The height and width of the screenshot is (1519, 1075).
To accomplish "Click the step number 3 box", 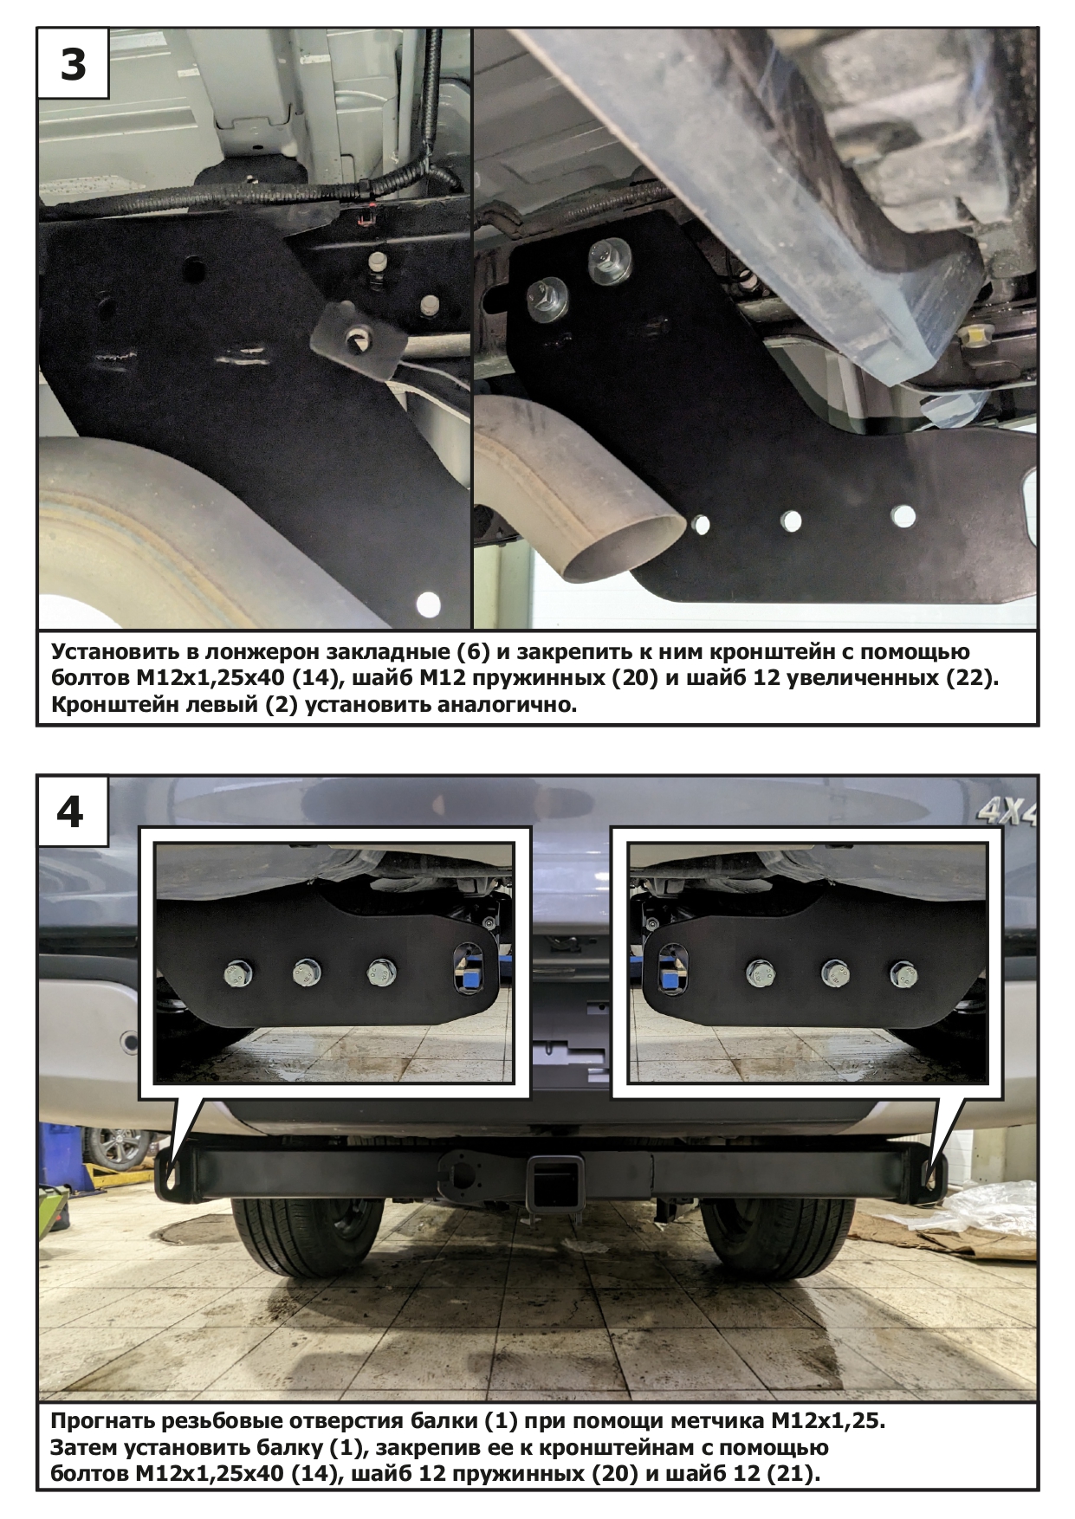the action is pyautogui.click(x=73, y=64).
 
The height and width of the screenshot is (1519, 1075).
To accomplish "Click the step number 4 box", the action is pyautogui.click(x=73, y=811).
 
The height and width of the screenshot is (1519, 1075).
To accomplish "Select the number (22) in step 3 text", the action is pyautogui.click(x=970, y=677).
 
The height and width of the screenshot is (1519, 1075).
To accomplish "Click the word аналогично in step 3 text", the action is pyautogui.click(x=506, y=703).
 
